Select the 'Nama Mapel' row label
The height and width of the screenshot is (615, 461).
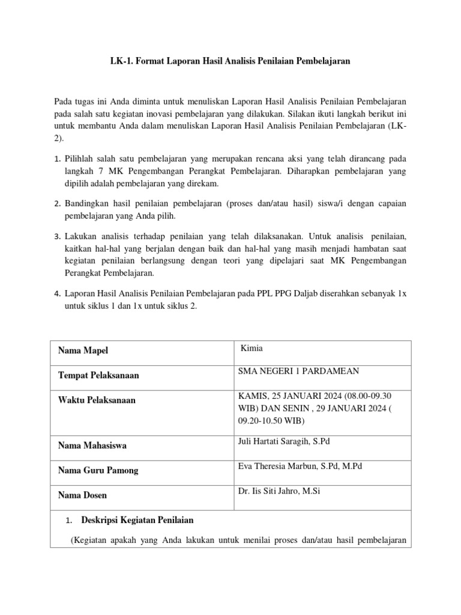(x=83, y=351)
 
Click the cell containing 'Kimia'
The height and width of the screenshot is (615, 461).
(x=252, y=348)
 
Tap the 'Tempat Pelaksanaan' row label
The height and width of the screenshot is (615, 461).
(x=98, y=375)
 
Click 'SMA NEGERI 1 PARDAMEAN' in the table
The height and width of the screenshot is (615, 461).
(x=299, y=371)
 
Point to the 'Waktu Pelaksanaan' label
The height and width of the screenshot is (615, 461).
(x=97, y=400)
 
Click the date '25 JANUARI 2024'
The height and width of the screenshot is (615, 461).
(x=298, y=396)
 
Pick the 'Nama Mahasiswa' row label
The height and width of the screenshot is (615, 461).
(x=92, y=446)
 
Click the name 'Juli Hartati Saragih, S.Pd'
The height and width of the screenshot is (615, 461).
(x=284, y=441)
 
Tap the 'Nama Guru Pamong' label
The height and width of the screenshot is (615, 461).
(x=98, y=470)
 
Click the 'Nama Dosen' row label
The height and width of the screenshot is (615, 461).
(x=82, y=495)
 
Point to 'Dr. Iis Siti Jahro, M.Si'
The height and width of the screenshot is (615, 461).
(x=279, y=491)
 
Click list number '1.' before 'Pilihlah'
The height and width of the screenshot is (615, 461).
(x=58, y=160)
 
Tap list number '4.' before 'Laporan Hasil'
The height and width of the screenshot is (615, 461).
(x=58, y=294)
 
